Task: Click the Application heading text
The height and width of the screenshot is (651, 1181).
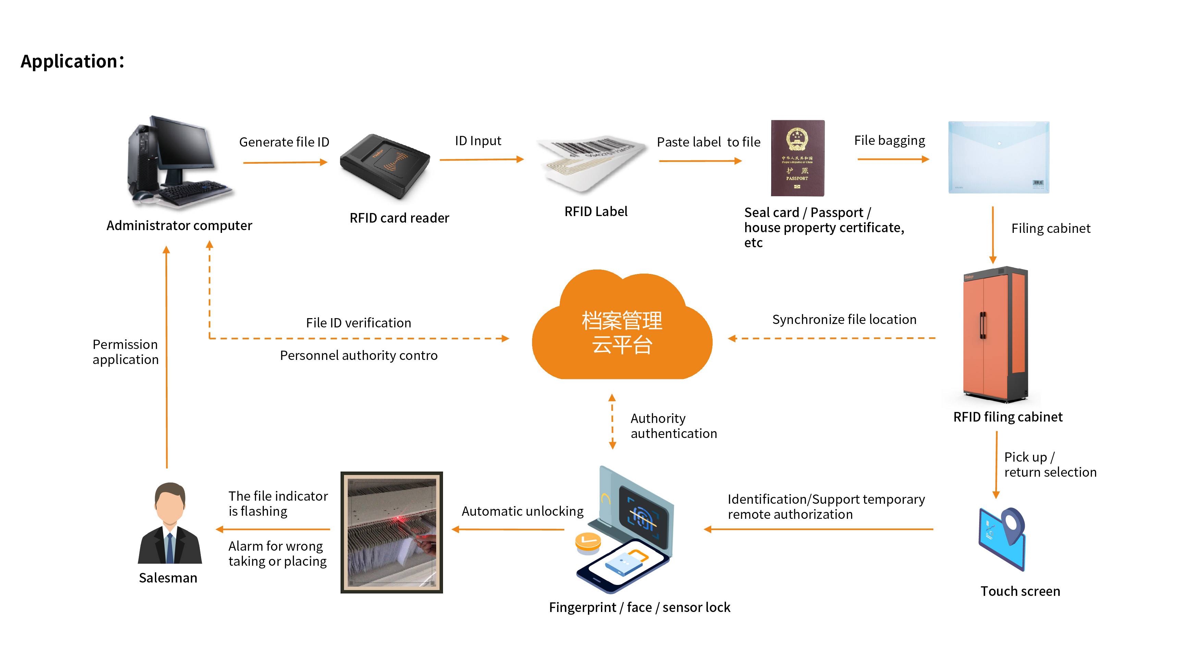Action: click(72, 61)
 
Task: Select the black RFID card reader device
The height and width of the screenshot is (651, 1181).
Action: click(385, 166)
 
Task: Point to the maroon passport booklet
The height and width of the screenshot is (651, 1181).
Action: click(797, 158)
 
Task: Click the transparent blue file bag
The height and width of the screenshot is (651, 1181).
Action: click(998, 157)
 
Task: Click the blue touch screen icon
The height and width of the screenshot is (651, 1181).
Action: click(1002, 539)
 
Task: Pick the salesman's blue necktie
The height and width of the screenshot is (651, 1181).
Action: click(170, 548)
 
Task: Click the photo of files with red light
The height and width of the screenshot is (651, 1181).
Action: click(392, 533)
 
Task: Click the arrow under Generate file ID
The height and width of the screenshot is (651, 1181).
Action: click(285, 162)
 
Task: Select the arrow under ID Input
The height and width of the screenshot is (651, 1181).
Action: click(481, 160)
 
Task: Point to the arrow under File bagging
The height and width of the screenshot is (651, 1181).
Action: click(893, 159)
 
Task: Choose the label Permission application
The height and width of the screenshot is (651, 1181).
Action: click(125, 352)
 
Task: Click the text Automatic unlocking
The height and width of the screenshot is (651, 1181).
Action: click(522, 511)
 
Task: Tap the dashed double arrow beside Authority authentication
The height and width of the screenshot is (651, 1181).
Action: click(612, 422)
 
